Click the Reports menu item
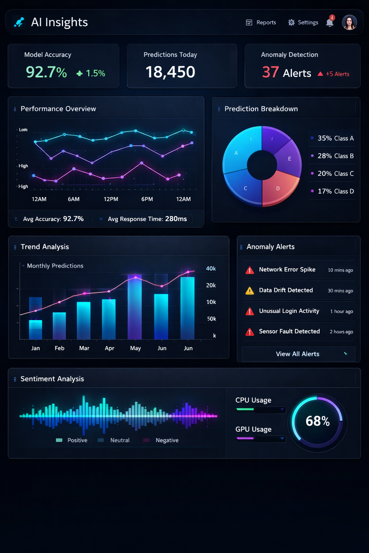click(261, 22)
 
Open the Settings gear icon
click(292, 22)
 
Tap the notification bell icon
click(330, 23)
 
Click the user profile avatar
click(349, 22)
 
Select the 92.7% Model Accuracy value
click(46, 72)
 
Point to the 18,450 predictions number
click(170, 72)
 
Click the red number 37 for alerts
click(270, 72)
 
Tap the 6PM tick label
click(147, 199)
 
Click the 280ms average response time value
click(176, 219)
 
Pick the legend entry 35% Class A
click(335, 138)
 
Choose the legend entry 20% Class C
click(335, 174)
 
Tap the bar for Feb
click(59, 326)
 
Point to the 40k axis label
click(211, 269)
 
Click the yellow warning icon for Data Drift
click(250, 291)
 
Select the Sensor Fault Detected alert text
click(289, 331)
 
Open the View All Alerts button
click(298, 354)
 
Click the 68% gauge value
click(317, 421)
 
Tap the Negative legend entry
click(167, 440)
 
